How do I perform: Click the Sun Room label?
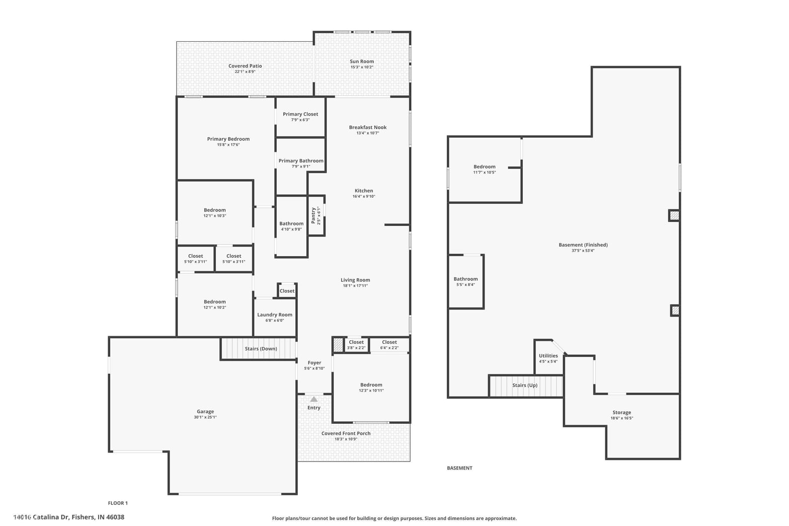[362, 61]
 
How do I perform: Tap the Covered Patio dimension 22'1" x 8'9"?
[245, 71]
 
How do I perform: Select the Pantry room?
[317, 215]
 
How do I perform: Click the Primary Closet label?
[300, 114]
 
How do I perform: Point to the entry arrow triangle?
[314, 399]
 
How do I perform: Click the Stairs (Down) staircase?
[259, 349]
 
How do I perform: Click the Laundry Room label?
[275, 315]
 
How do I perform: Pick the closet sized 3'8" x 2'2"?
[356, 345]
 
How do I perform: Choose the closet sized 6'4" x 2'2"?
[389, 345]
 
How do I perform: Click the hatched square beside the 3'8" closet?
[338, 345]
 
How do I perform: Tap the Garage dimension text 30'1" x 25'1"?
[205, 417]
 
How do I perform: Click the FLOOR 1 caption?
[118, 503]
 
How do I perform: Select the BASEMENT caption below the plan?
[460, 468]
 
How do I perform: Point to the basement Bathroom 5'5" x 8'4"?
[466, 281]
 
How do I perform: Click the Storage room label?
[622, 412]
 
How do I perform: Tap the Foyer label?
[314, 362]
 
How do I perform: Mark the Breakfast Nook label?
[368, 127]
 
